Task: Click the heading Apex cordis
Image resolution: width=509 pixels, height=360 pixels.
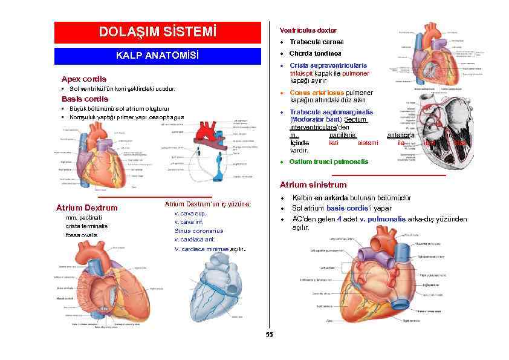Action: pyautogui.click(x=84, y=79)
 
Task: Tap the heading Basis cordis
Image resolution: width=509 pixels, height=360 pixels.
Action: pyautogui.click(x=85, y=99)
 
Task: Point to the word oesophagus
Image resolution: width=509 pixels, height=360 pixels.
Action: pyautogui.click(x=164, y=117)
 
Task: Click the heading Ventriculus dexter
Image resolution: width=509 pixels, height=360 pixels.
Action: pyautogui.click(x=308, y=30)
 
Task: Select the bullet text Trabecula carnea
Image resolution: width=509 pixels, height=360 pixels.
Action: pyautogui.click(x=316, y=42)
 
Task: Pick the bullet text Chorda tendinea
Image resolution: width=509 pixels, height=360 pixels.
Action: pyautogui.click(x=316, y=53)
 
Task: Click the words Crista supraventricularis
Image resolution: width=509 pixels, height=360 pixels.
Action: pyautogui.click(x=328, y=65)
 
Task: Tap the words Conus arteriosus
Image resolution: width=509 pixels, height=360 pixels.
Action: pyautogui.click(x=317, y=93)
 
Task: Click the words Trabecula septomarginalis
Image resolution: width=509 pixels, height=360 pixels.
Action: pyautogui.click(x=331, y=112)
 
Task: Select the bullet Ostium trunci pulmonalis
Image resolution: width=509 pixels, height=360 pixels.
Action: pyautogui.click(x=328, y=162)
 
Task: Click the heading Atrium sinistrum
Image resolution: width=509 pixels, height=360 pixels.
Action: pyautogui.click(x=313, y=185)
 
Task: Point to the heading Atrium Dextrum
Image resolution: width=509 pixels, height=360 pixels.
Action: pyautogui.click(x=86, y=208)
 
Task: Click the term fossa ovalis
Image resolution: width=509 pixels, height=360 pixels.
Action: pyautogui.click(x=82, y=235)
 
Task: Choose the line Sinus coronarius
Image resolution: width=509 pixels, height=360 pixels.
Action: pyautogui.click(x=199, y=231)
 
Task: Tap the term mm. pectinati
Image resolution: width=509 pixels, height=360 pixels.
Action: pyautogui.click(x=83, y=217)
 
